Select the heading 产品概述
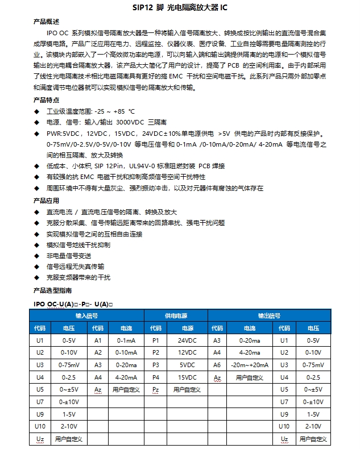point(46,22)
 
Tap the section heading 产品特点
point(46,100)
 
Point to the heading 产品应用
point(46,201)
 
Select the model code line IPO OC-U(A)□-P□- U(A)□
point(72,305)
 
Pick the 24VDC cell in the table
point(187,340)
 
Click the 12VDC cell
point(187,352)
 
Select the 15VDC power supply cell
point(187,377)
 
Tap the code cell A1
point(98,340)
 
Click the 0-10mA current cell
point(126,352)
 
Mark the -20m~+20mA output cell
point(250,365)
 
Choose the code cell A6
point(217,365)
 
